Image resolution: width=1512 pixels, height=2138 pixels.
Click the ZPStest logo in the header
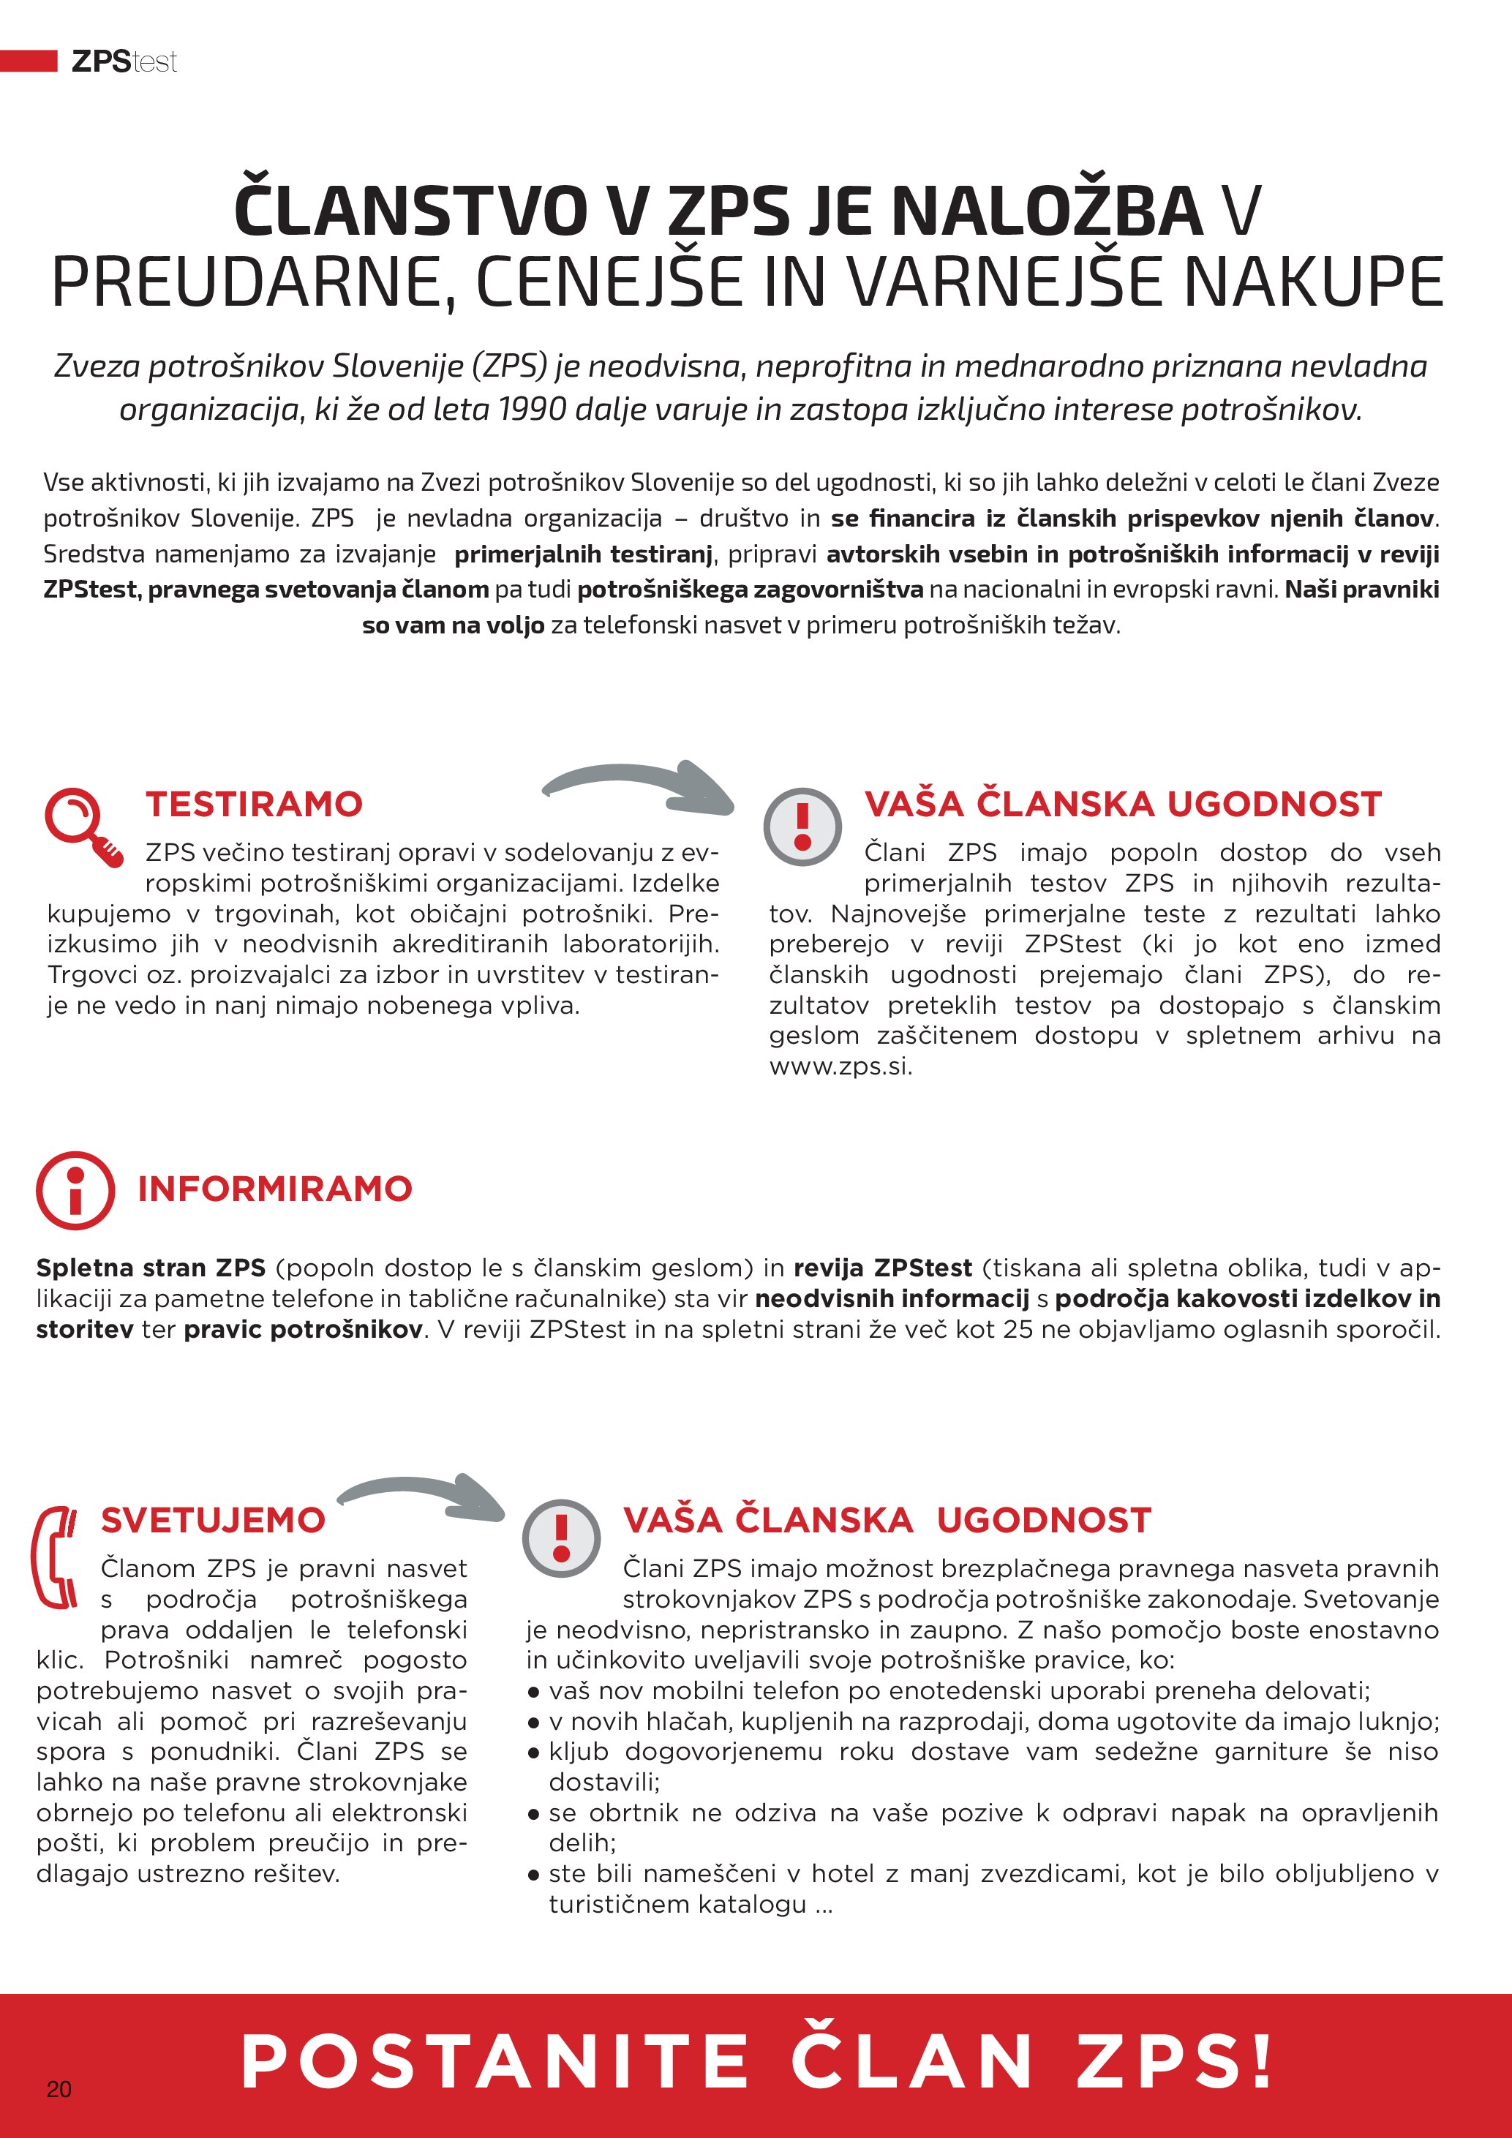coord(124,61)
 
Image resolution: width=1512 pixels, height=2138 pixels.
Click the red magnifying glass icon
coord(82,825)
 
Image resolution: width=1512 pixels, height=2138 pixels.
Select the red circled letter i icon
coord(75,1190)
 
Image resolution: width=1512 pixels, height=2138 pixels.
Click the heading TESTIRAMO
coord(253,805)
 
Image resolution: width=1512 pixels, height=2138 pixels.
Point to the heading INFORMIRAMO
coord(274,1189)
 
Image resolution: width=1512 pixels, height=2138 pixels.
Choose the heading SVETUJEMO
coord(213,1521)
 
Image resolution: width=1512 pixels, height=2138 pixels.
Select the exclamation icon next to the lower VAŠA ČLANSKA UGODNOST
coord(561,1537)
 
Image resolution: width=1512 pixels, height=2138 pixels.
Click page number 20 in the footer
coord(59,2089)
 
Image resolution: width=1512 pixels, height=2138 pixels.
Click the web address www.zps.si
coord(840,1066)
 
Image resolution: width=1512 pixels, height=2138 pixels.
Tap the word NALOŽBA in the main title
coord(1048,211)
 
